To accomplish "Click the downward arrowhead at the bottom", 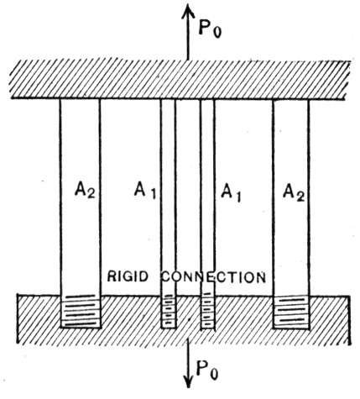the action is pos(189,381).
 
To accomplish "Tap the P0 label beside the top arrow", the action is pos(210,29).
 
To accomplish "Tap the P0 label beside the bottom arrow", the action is pos(207,370).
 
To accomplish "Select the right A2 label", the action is pos(294,193).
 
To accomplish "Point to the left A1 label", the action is pos(145,191).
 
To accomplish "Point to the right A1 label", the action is pos(231,192).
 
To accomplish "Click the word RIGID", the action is pos(128,276).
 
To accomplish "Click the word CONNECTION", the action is pos(214,277).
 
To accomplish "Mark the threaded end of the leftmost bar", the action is pos(81,312).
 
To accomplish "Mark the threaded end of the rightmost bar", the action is pos(291,312).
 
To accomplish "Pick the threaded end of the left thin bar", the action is pos(169,312).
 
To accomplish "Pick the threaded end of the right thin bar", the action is pos(207,311).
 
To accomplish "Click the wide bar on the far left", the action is pos(80,197).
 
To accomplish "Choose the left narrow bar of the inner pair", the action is pos(168,197).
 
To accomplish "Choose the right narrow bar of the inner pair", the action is pos(207,197).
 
